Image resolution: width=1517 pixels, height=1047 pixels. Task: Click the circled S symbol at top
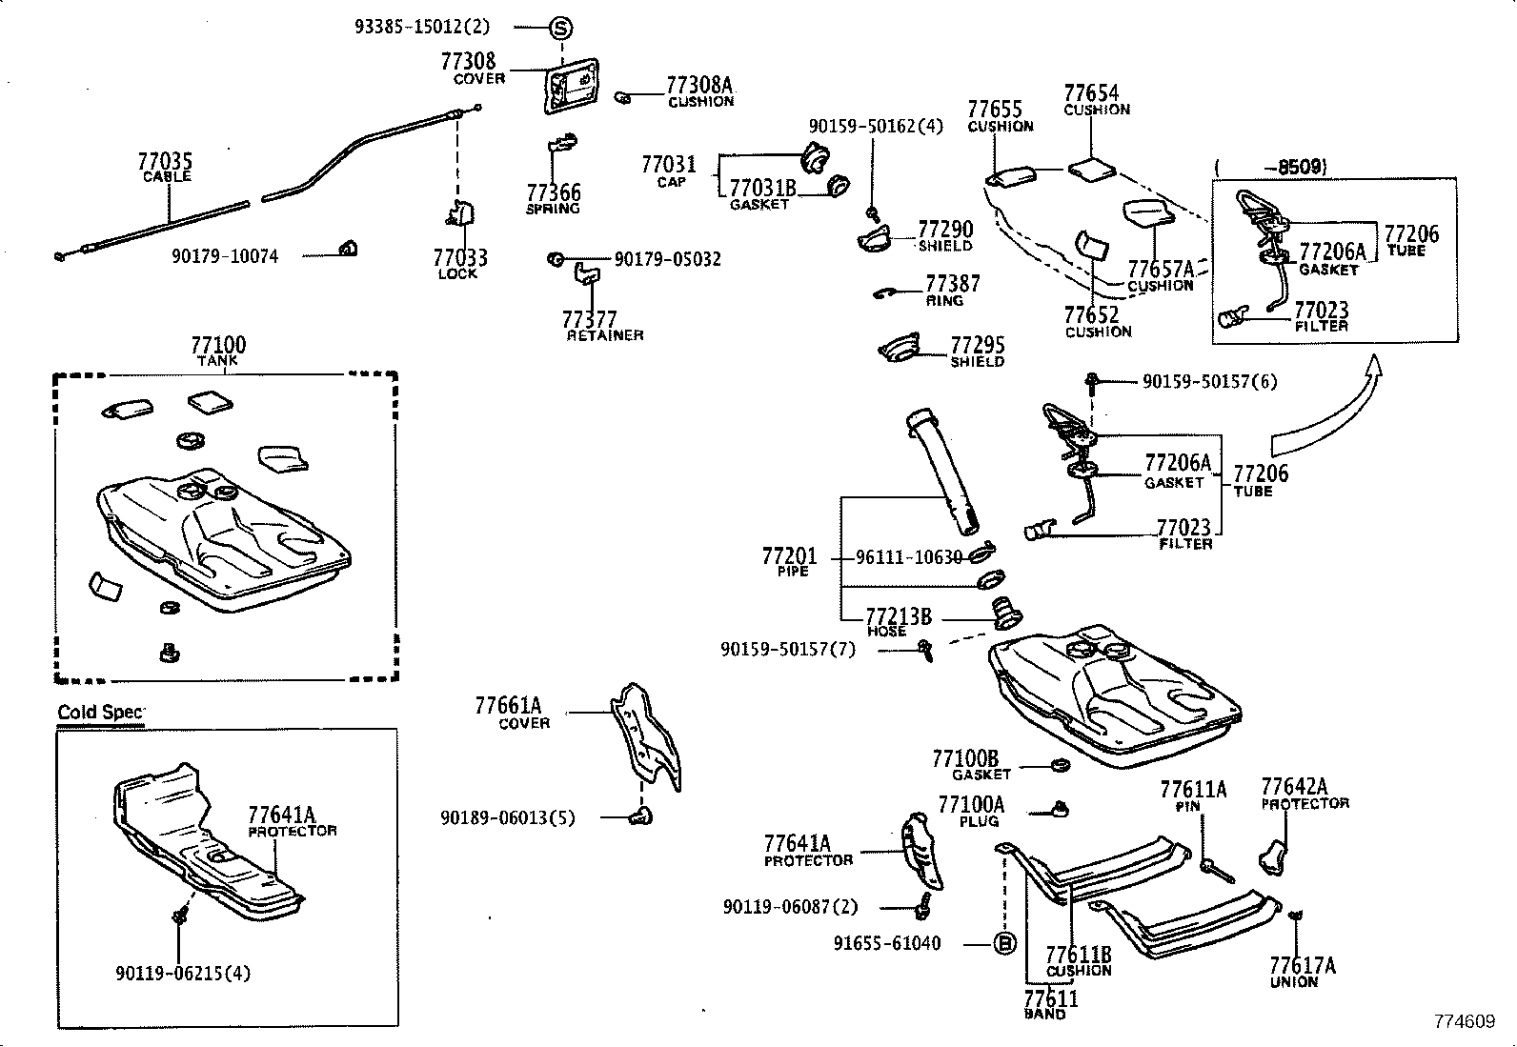pos(561,28)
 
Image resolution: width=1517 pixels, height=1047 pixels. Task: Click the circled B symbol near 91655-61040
pos(1004,944)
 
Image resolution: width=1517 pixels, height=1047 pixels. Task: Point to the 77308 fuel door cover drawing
pos(571,86)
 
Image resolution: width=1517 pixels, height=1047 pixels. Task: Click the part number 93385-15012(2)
pos(422,28)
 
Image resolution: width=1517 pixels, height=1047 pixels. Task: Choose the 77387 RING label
pos(952,290)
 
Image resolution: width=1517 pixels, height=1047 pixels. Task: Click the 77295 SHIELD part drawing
pos(900,349)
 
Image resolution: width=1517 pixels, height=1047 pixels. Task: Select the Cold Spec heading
pos(100,713)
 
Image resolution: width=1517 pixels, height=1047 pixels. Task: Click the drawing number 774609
pos(1465,1021)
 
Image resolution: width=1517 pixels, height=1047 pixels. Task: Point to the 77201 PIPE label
pos(789,561)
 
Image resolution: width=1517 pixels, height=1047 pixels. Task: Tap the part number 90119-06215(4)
pos(184,974)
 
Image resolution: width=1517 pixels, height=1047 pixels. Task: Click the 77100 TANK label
pos(217,350)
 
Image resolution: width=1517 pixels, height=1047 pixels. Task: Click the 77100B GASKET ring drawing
pos(1057,764)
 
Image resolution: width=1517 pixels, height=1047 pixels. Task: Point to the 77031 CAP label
pos(669,171)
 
